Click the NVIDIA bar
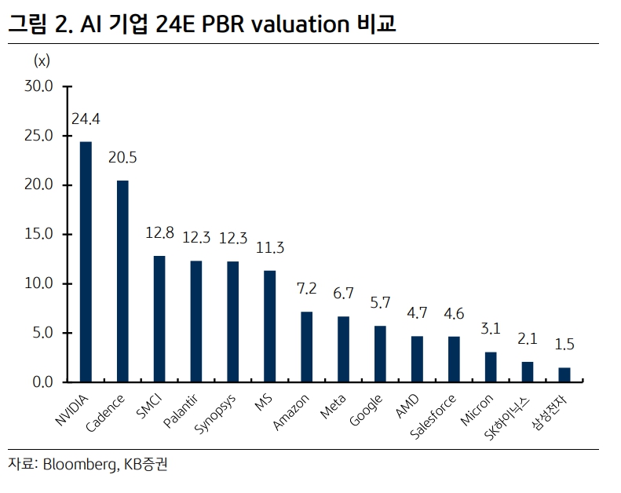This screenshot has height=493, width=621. tap(86, 261)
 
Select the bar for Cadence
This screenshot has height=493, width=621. tap(122, 281)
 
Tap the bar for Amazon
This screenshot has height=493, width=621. tap(306, 346)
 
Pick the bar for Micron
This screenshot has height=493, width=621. tap(491, 367)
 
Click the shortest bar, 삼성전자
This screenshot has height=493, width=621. tap(564, 374)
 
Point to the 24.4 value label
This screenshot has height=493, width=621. tap(86, 119)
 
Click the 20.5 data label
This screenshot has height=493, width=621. tap(122, 158)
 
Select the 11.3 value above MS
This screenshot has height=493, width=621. tap(269, 248)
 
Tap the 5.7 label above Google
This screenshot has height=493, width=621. tap(380, 304)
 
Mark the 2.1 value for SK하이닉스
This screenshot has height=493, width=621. tap(527, 339)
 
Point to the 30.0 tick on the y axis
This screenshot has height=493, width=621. tap(37, 86)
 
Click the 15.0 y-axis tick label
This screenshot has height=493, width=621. tap(37, 234)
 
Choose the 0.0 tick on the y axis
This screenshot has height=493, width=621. tap(40, 382)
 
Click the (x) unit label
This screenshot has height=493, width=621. tap(42, 60)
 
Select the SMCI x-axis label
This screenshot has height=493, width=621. tap(149, 407)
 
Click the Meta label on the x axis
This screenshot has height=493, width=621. tap(334, 406)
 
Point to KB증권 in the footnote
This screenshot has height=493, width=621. tap(145, 465)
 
